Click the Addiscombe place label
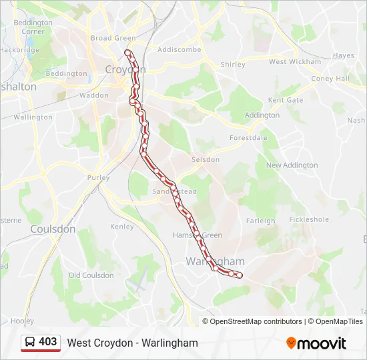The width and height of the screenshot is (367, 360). coord(179,49)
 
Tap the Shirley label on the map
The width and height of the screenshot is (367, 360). coord(233,65)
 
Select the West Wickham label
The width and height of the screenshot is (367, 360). coord(295,62)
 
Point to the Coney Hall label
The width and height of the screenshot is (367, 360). coord(330,79)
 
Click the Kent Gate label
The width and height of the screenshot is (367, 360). coord(285,101)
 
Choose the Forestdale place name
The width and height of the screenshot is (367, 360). coord(248,138)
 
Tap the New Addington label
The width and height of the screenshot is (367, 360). coord(292,165)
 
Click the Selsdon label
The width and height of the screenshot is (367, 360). coord(205,160)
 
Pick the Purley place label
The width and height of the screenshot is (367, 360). coord(97,178)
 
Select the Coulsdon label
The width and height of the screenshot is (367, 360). coord(53,229)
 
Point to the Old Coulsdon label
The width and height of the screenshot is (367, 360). coord(91,275)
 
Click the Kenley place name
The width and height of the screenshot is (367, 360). coord(122,227)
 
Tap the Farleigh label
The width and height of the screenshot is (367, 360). coord(260,221)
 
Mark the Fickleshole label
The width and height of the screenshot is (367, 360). coord(309,219)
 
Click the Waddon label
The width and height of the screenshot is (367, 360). coord(93,95)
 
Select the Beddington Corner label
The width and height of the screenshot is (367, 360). coord(33,27)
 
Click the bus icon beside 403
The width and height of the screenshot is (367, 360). coord(31,342)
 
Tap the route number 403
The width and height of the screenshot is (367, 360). coord(48,342)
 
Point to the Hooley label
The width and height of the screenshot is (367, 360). coord(22,321)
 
